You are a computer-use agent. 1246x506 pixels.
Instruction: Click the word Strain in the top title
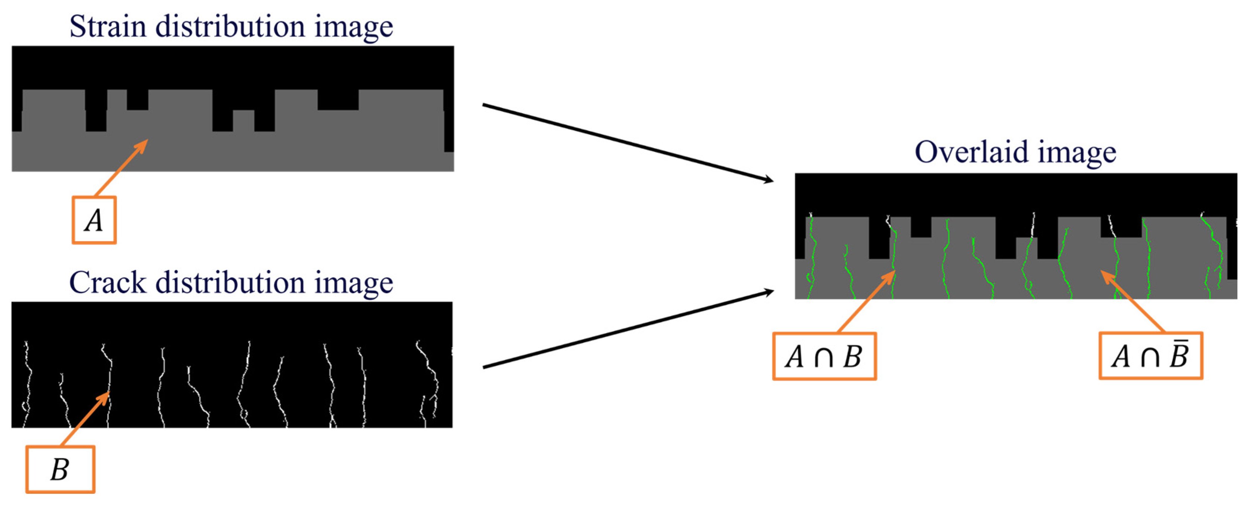point(107,27)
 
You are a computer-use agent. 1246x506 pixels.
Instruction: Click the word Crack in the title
point(107,283)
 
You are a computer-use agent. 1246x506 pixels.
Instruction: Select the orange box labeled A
point(94,220)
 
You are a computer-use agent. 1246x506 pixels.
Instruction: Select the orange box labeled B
point(60,469)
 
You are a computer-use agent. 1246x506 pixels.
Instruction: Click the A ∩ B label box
point(824,356)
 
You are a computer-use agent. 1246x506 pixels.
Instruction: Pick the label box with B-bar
point(1150,356)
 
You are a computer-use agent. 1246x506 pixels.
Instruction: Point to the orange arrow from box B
point(85,418)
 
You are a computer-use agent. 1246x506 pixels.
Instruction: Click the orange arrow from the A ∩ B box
point(866,302)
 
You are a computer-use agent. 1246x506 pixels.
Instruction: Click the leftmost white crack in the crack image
point(27,382)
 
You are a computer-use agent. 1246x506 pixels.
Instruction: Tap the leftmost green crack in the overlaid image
point(812,256)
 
